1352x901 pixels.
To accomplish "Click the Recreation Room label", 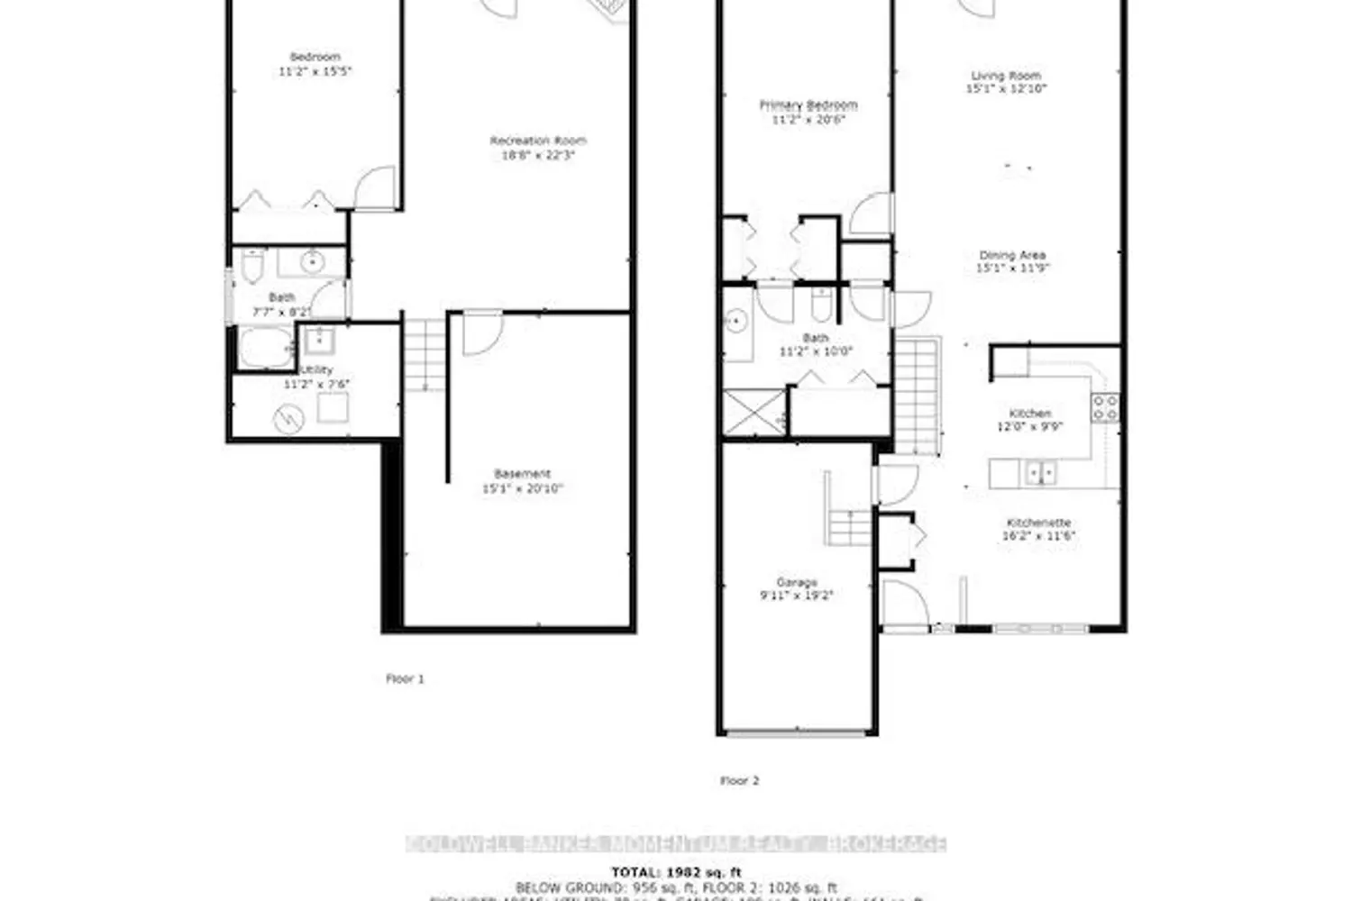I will pos(538,141).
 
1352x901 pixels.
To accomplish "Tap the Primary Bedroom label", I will pos(808,105).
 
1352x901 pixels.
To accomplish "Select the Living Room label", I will pos(1005,76).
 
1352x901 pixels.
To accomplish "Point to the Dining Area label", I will pos(1012,255).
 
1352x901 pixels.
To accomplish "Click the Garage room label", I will pos(796,582).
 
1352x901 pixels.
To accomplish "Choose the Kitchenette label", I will pos(1038,523).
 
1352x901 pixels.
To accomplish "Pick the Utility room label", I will pos(316,370).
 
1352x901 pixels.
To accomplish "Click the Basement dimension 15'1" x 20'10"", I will pos(522,488).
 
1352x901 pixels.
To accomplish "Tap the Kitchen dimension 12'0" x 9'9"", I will pos(1029,426).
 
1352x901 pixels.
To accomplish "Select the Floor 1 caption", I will pos(405,678).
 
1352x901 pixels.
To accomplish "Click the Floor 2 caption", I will pos(739,780).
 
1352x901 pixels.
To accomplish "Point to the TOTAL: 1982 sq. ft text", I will pos(676,871).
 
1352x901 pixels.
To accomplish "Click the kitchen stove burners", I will pos(1105,408).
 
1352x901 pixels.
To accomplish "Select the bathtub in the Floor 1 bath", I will pos(264,348).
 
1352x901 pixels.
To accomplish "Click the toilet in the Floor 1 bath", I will pos(251,267).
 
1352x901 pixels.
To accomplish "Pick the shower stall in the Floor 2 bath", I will pos(754,412).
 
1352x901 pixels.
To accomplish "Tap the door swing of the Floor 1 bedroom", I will pos(374,188).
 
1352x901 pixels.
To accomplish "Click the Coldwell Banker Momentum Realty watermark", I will pos(676,844).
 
